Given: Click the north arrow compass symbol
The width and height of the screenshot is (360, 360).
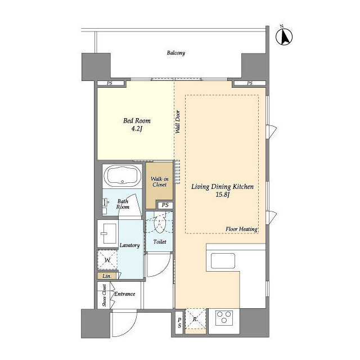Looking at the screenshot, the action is click(x=284, y=35).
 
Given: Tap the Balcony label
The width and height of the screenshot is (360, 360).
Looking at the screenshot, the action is click(x=176, y=53).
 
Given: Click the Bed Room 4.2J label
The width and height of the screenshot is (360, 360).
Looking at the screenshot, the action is click(x=137, y=124).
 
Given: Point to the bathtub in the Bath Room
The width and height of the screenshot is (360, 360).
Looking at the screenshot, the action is click(x=123, y=175).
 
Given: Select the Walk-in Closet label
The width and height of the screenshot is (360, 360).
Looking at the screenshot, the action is click(x=159, y=182).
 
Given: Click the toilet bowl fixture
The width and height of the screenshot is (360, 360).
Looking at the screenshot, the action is click(x=159, y=223).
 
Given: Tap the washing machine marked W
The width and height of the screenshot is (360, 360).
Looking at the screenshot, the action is click(x=107, y=260).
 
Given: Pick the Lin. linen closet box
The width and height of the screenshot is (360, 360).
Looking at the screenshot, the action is click(x=107, y=276).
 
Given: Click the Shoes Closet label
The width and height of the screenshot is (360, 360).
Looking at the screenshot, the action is click(x=105, y=295).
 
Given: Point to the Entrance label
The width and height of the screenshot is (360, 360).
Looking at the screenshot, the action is click(x=125, y=294).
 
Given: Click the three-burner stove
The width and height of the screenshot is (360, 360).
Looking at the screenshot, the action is click(x=224, y=318).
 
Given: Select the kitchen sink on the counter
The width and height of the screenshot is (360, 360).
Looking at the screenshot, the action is click(x=223, y=261).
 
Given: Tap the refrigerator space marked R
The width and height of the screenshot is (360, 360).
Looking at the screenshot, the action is click(x=195, y=319).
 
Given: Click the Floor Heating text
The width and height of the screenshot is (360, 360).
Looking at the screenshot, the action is click(x=241, y=229).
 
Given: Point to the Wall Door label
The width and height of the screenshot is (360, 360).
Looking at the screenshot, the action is click(x=178, y=122).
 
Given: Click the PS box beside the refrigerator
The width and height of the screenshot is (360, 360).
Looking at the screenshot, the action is click(x=179, y=322).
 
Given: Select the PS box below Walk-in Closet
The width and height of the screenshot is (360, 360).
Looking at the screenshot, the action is click(x=165, y=205).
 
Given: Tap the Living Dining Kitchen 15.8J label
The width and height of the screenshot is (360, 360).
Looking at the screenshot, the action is click(x=223, y=191).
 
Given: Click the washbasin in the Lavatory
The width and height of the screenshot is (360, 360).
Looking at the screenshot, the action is click(x=107, y=233).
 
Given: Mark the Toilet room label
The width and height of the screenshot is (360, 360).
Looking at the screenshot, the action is click(x=160, y=242).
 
